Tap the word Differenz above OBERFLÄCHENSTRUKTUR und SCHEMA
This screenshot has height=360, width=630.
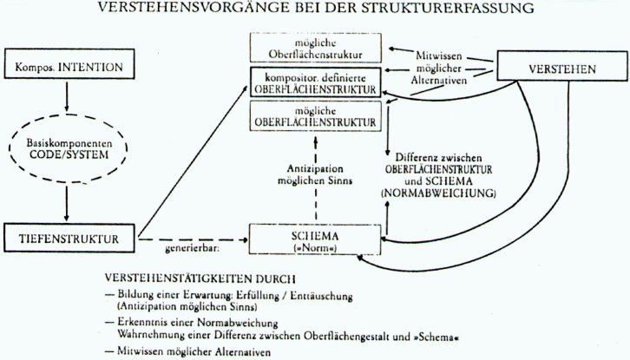411,154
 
